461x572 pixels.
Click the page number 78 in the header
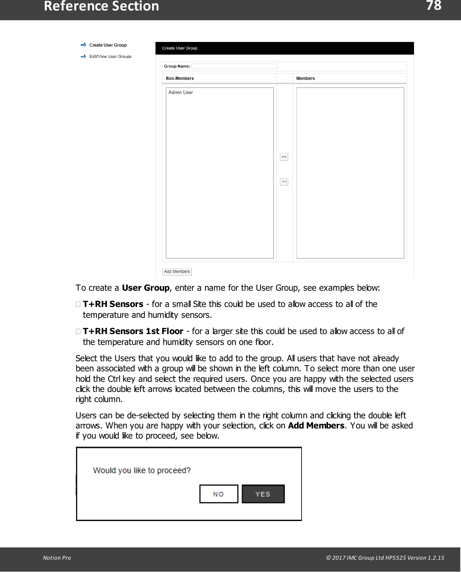tap(434, 6)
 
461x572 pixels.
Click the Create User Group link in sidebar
tap(108, 45)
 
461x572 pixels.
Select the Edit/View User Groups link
tap(110, 56)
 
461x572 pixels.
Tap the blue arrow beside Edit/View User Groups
tap(84, 56)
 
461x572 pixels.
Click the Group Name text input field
tap(234, 66)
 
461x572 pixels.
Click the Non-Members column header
tap(180, 78)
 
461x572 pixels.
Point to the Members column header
tap(305, 78)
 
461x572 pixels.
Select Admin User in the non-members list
tap(180, 93)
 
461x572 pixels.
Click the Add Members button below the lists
tap(177, 272)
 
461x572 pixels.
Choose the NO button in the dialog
tap(219, 494)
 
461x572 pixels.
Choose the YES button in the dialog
tap(263, 494)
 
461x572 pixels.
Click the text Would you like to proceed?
tap(142, 470)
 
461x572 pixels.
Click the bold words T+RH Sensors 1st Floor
tap(133, 331)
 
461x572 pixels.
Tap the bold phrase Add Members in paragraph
tap(316, 426)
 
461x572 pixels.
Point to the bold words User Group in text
tap(146, 288)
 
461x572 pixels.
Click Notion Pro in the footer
tap(57, 558)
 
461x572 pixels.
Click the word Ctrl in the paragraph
tap(114, 379)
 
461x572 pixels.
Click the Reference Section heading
tap(101, 7)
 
